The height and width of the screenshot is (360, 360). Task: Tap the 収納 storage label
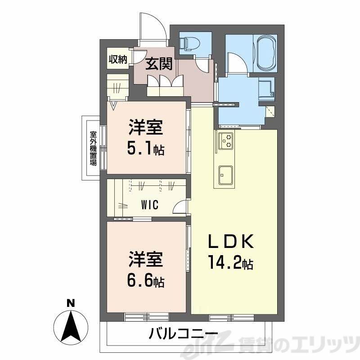117,59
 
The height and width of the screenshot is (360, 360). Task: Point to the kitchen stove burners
226,141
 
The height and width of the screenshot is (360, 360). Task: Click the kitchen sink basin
225,175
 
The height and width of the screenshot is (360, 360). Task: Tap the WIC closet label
149,205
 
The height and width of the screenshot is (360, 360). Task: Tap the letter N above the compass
70,303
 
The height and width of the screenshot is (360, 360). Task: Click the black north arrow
70,326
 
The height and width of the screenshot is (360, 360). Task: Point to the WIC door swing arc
180,207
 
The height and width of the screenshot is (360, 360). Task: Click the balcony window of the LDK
231,318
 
